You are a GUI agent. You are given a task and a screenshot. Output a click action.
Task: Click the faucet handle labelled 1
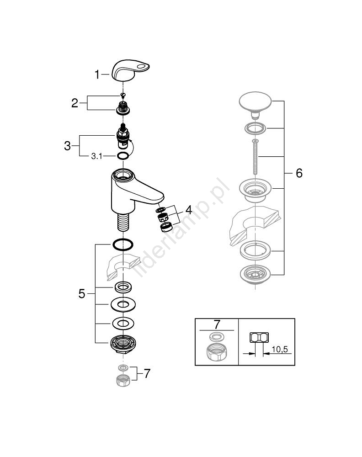click(130, 72)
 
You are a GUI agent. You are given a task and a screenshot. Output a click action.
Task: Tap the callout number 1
click(97, 74)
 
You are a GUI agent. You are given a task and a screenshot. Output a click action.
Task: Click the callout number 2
click(75, 103)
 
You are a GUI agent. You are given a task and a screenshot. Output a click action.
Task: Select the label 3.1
click(96, 156)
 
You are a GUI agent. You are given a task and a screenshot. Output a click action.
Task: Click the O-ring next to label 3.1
click(122, 157)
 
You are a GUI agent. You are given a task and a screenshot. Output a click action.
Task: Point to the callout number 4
click(189, 210)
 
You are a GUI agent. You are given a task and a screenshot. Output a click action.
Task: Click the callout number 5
click(82, 294)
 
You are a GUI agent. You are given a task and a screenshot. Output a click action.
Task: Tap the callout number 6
click(299, 173)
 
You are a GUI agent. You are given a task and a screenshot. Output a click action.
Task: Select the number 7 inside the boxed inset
click(217, 324)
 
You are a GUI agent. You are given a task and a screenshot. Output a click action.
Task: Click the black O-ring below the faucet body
click(122, 244)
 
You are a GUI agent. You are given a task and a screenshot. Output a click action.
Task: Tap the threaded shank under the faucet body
click(122, 223)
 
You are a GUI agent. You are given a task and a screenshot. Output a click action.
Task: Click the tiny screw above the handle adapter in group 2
click(122, 95)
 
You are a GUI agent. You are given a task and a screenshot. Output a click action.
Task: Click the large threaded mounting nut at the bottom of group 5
click(122, 343)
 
